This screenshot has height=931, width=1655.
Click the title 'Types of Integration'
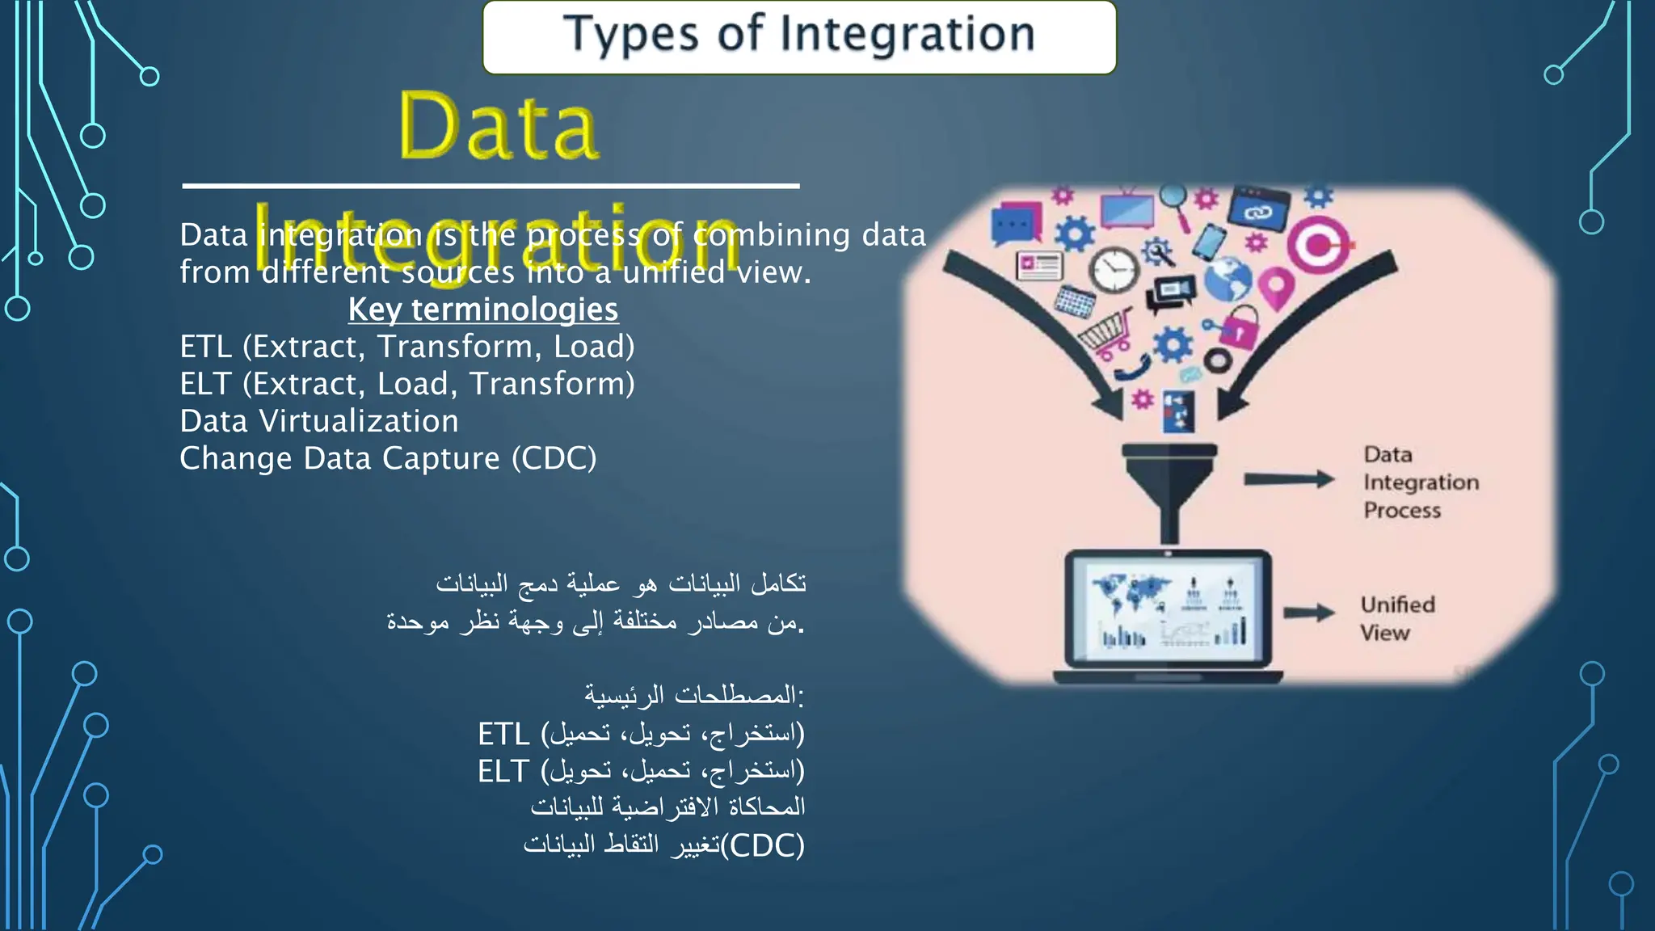click(798, 36)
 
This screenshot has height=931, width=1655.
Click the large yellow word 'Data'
click(499, 127)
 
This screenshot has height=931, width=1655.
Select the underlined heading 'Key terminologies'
click(483, 310)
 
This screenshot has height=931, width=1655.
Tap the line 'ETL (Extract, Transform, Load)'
click(406, 347)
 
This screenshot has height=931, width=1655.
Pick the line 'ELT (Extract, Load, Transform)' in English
click(406, 384)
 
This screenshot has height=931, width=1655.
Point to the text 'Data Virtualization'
click(319, 421)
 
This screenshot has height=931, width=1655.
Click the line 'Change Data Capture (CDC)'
click(388, 458)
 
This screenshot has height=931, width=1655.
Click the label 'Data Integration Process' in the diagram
click(1420, 482)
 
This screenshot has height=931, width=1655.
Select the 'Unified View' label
click(1396, 618)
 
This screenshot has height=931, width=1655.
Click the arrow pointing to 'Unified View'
click(1308, 613)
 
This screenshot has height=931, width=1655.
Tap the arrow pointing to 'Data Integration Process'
click(1288, 479)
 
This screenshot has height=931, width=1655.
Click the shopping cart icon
click(1106, 334)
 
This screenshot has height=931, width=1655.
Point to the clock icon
click(1114, 269)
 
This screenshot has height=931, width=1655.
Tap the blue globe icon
click(1228, 279)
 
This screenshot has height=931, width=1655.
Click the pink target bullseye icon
click(1318, 244)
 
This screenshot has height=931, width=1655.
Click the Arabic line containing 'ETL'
click(641, 734)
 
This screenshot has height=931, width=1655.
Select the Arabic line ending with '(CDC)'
click(663, 845)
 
